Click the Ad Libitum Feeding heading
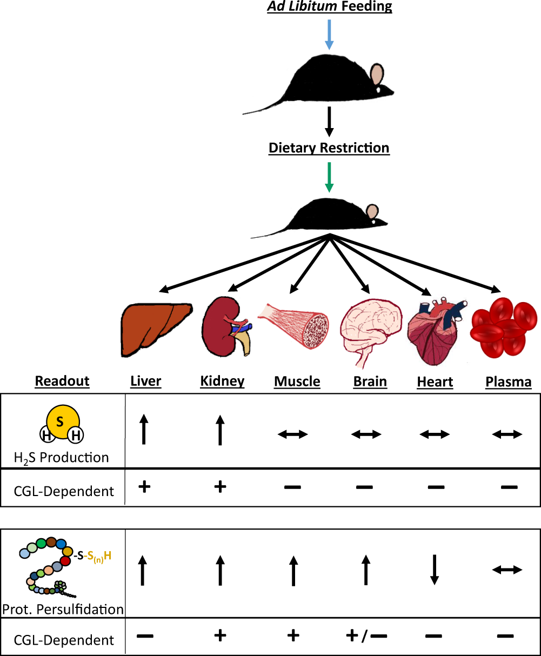[x=329, y=7]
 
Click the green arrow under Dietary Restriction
[x=329, y=177]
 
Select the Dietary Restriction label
[x=329, y=148]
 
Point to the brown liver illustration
[x=156, y=329]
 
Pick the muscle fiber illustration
[x=294, y=324]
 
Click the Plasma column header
[x=508, y=382]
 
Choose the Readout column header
[x=62, y=381]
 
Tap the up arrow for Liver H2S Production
[x=144, y=429]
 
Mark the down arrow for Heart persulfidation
[x=434, y=570]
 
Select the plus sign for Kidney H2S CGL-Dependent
[x=219, y=487]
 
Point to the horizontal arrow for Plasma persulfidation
[x=507, y=570]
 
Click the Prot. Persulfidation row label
[x=63, y=610]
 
